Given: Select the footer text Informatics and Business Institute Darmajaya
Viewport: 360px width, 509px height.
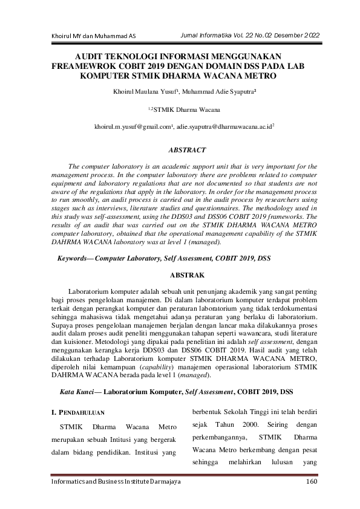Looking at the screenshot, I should coord(116,481).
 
